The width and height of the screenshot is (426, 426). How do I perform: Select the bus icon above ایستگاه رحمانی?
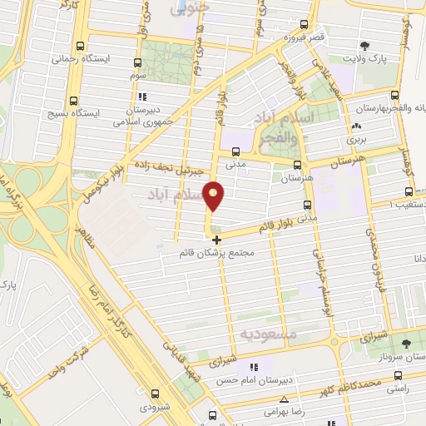[80, 47]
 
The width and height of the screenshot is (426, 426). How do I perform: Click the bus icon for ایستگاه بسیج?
[74, 98]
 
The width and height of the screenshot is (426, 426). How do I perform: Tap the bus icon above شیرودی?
[155, 393]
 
